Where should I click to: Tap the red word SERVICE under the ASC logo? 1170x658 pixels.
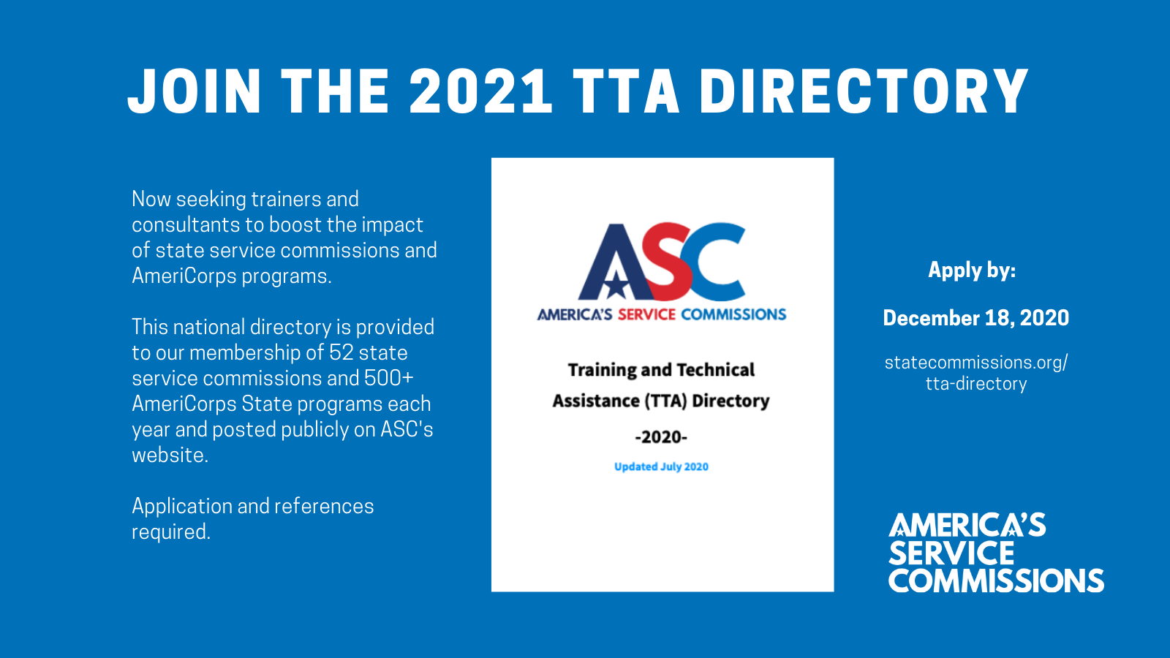click(646, 314)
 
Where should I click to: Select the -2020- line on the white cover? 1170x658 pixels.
click(661, 436)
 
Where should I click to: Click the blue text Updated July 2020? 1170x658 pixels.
click(661, 466)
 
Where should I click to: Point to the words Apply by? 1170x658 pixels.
click(972, 271)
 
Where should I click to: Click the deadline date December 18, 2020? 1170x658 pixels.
click(975, 318)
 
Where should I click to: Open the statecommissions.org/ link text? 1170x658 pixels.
click(976, 363)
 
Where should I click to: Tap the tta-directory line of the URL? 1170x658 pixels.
click(976, 384)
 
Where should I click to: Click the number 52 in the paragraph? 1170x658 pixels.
click(341, 352)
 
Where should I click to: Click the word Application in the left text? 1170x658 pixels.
click(182, 507)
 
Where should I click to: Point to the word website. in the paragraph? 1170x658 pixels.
click(170, 455)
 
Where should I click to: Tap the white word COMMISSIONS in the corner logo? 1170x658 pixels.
click(996, 581)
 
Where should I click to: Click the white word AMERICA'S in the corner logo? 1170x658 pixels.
click(967, 525)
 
